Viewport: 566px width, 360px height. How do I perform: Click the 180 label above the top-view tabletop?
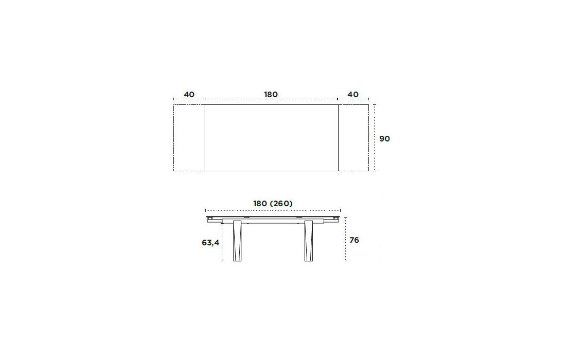[271, 95]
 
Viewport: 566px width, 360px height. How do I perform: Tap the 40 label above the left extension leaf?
[189, 95]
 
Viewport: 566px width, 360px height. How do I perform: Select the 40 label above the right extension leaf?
[353, 95]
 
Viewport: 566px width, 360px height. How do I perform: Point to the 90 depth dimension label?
[384, 138]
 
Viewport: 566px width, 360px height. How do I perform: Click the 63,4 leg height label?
[210, 243]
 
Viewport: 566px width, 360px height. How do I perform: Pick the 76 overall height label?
[354, 240]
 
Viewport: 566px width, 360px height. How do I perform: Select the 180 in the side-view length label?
[260, 204]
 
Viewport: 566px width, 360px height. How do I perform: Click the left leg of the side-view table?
[237, 241]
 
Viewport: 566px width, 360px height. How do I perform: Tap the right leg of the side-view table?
[308, 241]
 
